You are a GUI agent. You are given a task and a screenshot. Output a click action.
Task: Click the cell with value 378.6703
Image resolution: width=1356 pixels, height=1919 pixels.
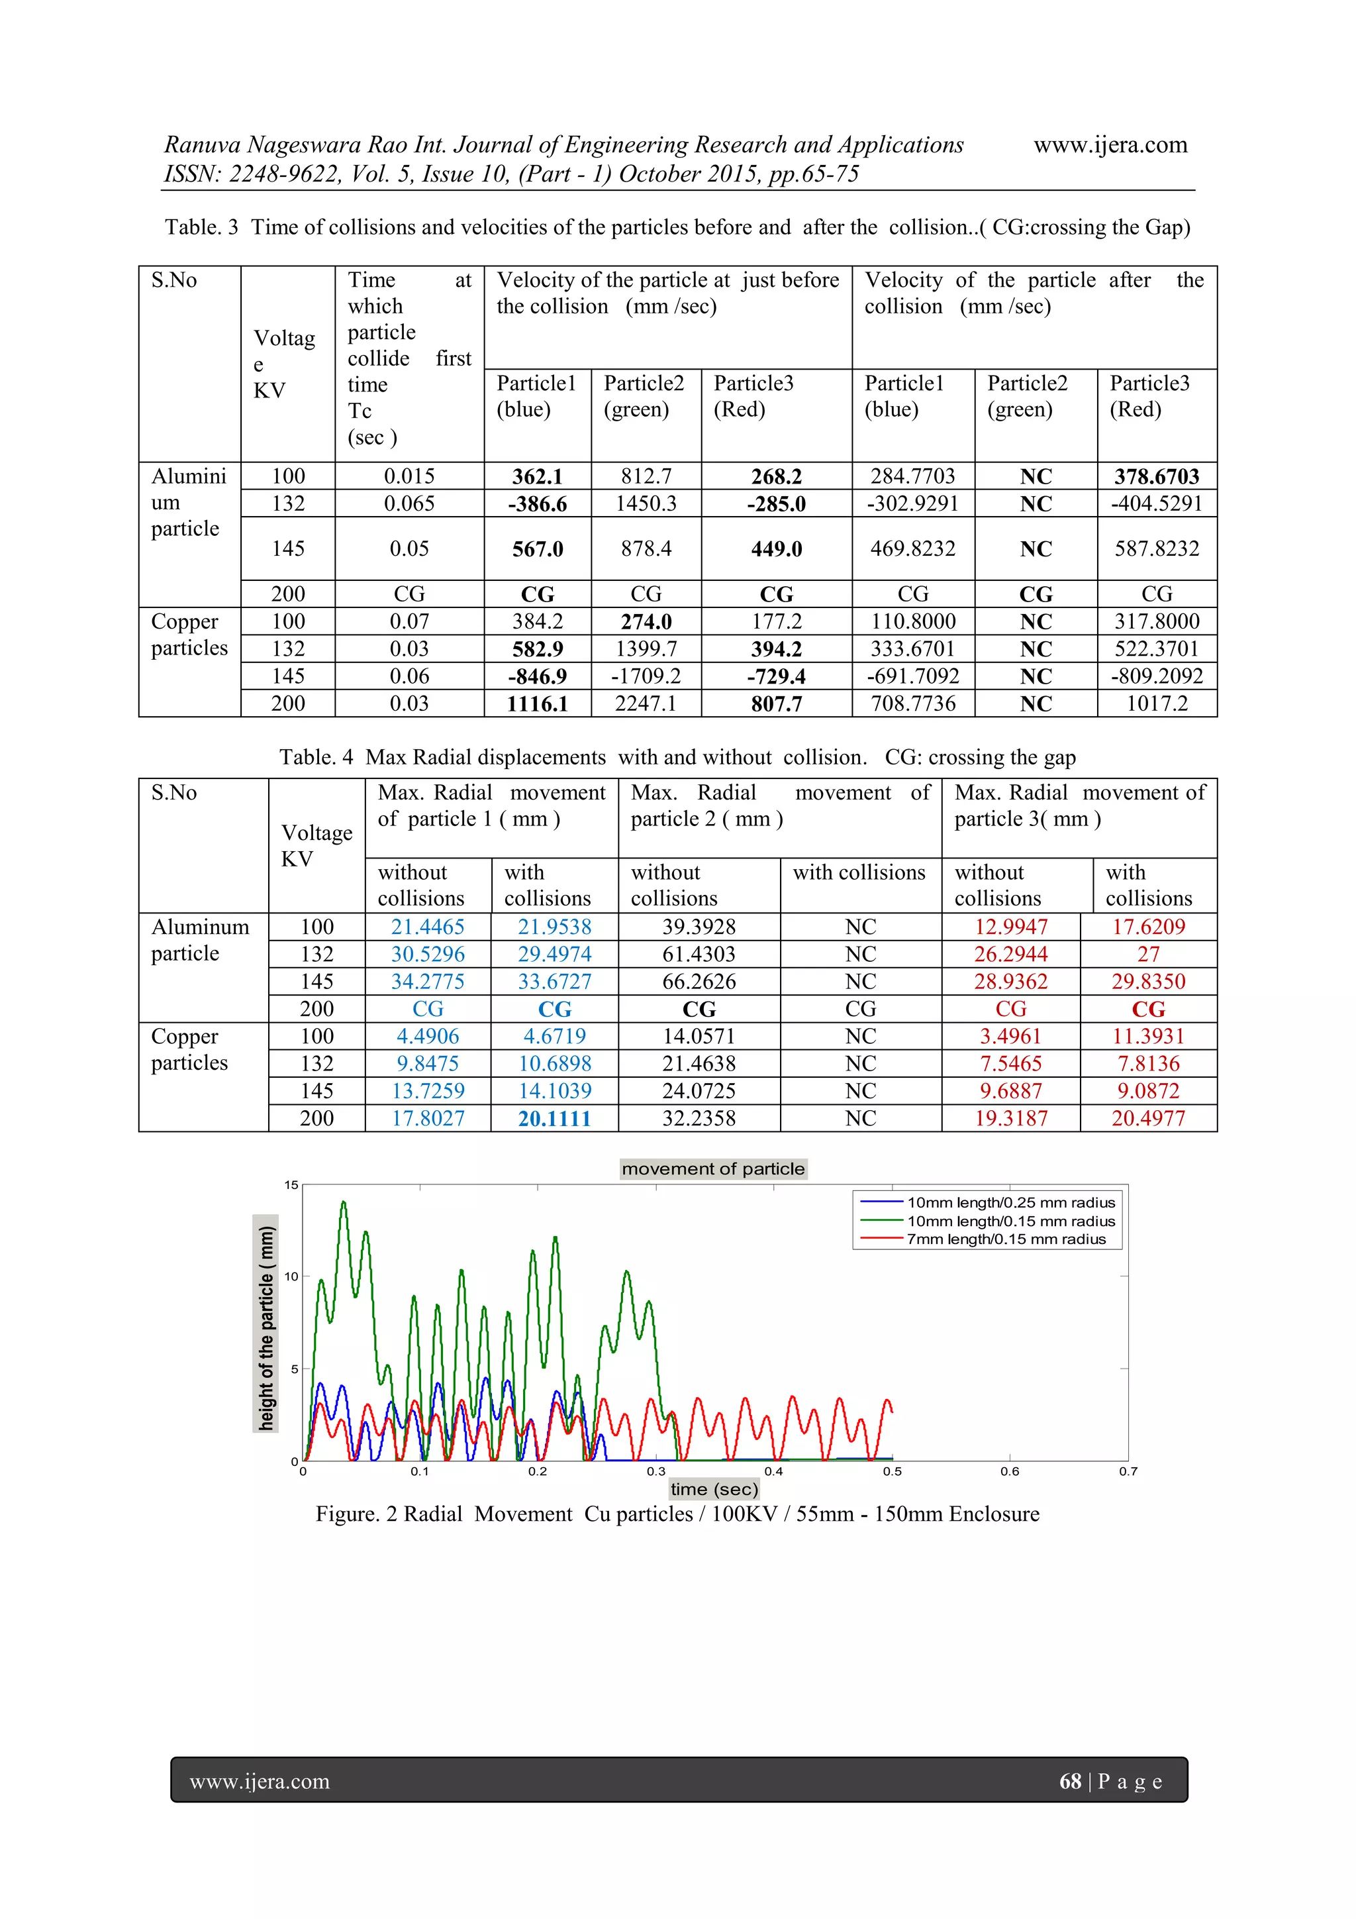[1156, 476]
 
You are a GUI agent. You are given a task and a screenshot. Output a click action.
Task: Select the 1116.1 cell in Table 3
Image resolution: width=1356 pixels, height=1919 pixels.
[537, 703]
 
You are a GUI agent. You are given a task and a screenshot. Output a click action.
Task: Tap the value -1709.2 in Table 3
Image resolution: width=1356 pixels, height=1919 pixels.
[646, 676]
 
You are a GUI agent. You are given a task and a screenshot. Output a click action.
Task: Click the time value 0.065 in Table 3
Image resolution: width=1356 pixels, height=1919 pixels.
[409, 503]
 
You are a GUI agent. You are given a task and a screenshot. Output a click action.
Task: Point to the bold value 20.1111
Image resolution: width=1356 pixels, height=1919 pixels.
[554, 1118]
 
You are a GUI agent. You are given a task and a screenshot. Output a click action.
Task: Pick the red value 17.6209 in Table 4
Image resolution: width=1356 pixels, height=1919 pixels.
[1148, 927]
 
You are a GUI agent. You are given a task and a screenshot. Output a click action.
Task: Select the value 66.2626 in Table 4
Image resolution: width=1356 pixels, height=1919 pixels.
[699, 981]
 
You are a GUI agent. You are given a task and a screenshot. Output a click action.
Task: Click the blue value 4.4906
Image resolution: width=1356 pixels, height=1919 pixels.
[427, 1037]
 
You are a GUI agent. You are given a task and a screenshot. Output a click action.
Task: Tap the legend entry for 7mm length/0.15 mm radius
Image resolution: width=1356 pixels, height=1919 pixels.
[1006, 1239]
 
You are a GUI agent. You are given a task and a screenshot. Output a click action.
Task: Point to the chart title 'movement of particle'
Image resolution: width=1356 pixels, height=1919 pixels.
[712, 1168]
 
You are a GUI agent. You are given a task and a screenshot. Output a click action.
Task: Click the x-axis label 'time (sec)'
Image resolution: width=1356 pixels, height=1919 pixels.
[714, 1488]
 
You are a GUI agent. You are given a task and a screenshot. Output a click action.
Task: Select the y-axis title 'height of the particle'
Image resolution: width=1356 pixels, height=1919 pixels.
[266, 1328]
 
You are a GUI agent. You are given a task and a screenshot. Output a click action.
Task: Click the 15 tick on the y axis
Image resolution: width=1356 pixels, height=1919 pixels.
[291, 1185]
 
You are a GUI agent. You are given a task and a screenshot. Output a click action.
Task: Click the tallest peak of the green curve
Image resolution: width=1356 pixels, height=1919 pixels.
[342, 1203]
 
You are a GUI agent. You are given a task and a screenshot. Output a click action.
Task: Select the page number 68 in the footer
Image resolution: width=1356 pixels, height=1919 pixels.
[1069, 1781]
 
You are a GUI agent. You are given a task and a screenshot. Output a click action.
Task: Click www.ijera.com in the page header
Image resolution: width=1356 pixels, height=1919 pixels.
[1110, 144]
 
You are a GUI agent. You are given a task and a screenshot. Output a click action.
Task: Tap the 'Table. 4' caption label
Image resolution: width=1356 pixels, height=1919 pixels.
[316, 757]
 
